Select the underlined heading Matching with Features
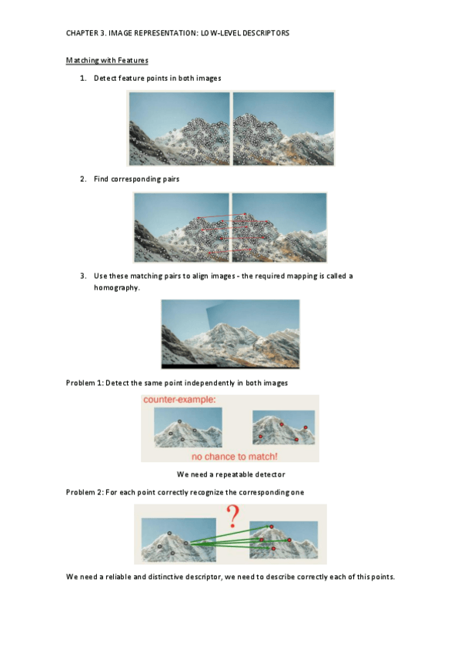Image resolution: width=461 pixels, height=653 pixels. point(107,60)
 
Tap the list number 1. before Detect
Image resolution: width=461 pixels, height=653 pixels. point(83,79)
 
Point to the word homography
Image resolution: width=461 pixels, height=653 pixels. point(116,288)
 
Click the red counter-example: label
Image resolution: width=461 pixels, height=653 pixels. point(179,400)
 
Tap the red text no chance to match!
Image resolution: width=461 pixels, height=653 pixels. point(234,457)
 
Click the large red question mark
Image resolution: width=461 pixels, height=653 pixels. point(233,517)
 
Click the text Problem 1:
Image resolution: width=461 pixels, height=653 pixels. point(85,383)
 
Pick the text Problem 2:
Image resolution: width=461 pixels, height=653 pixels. point(85,492)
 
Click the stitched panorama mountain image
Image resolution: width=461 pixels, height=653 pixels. point(230,334)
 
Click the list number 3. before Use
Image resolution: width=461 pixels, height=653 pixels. point(83,276)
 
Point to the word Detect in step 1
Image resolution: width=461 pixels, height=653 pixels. point(105,79)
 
